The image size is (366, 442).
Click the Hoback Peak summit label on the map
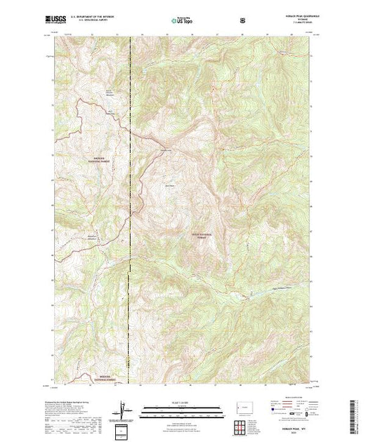(168, 185)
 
